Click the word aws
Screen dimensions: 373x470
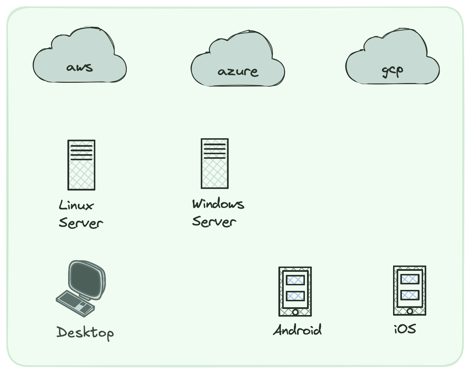(x=80, y=67)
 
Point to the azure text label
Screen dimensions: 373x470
(x=238, y=72)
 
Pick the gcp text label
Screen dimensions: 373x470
(x=392, y=71)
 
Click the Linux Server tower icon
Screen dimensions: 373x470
(x=82, y=165)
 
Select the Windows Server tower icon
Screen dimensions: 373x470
(x=215, y=164)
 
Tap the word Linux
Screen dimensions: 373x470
(x=76, y=205)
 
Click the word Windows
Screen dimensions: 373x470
(x=218, y=204)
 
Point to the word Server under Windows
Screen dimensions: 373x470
(x=214, y=222)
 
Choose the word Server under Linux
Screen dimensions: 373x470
(x=81, y=223)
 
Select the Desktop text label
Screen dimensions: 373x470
(x=85, y=333)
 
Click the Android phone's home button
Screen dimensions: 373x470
(x=295, y=312)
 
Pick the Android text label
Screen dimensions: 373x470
(x=297, y=330)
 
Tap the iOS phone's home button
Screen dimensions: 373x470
(x=410, y=311)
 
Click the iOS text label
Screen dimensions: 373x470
(x=405, y=329)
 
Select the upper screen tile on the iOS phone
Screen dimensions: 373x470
(x=410, y=279)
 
